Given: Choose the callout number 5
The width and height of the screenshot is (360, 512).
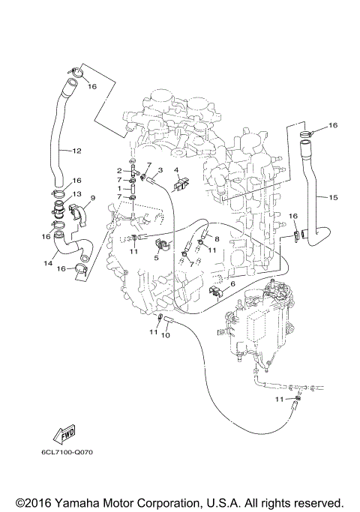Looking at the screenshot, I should (x=157, y=257).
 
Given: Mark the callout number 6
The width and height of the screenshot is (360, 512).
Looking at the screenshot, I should (x=232, y=284).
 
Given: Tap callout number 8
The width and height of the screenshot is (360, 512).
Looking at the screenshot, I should (x=217, y=239).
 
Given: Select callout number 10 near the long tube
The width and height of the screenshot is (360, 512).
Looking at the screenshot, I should (x=166, y=335).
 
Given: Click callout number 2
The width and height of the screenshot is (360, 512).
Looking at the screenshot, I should (x=119, y=171).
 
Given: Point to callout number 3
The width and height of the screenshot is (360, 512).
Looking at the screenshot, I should (x=160, y=170).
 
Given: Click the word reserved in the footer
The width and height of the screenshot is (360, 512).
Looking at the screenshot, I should (x=318, y=502).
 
